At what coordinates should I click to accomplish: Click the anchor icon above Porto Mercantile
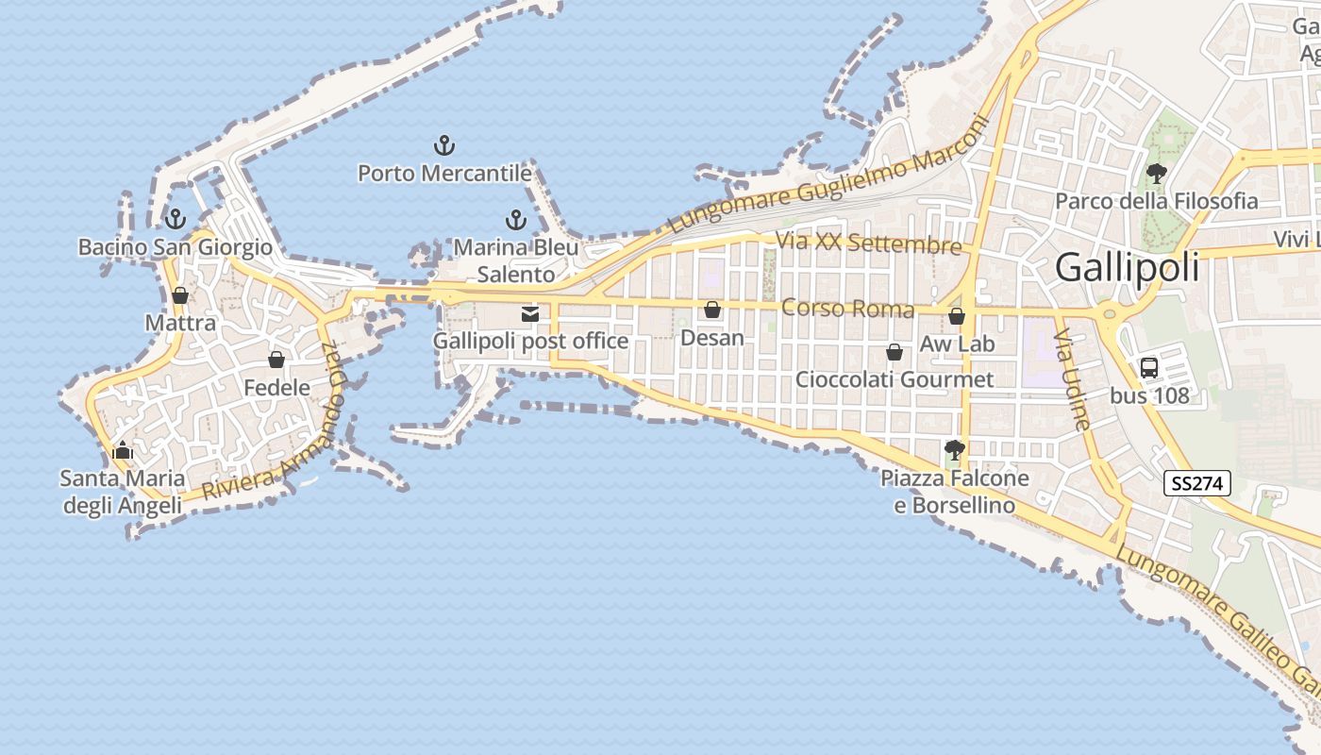[x=443, y=145]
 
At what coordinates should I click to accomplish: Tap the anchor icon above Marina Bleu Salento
[x=515, y=220]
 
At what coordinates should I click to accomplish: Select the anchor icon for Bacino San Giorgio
[x=175, y=220]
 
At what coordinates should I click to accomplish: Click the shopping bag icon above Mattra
[x=180, y=295]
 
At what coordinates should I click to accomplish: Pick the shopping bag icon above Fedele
[x=276, y=360]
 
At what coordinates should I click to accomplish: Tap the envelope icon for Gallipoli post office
[x=530, y=313]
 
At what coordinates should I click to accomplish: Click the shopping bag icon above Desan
[x=712, y=310]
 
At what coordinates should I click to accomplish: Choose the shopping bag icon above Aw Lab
[x=957, y=316]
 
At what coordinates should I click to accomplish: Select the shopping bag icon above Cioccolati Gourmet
[x=895, y=352]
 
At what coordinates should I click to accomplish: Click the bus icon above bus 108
[x=1149, y=368]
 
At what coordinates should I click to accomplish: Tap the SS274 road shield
[x=1198, y=484]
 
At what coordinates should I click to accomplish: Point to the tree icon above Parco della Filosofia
[x=1156, y=174]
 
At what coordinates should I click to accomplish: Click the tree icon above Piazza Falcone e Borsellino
[x=955, y=450]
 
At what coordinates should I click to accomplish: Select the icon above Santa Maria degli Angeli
[x=123, y=451]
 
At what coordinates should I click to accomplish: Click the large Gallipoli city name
[x=1128, y=268]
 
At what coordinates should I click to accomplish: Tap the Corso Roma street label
[x=847, y=310]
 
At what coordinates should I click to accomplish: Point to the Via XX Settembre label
[x=868, y=243]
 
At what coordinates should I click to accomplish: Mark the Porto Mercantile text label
[x=444, y=174]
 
